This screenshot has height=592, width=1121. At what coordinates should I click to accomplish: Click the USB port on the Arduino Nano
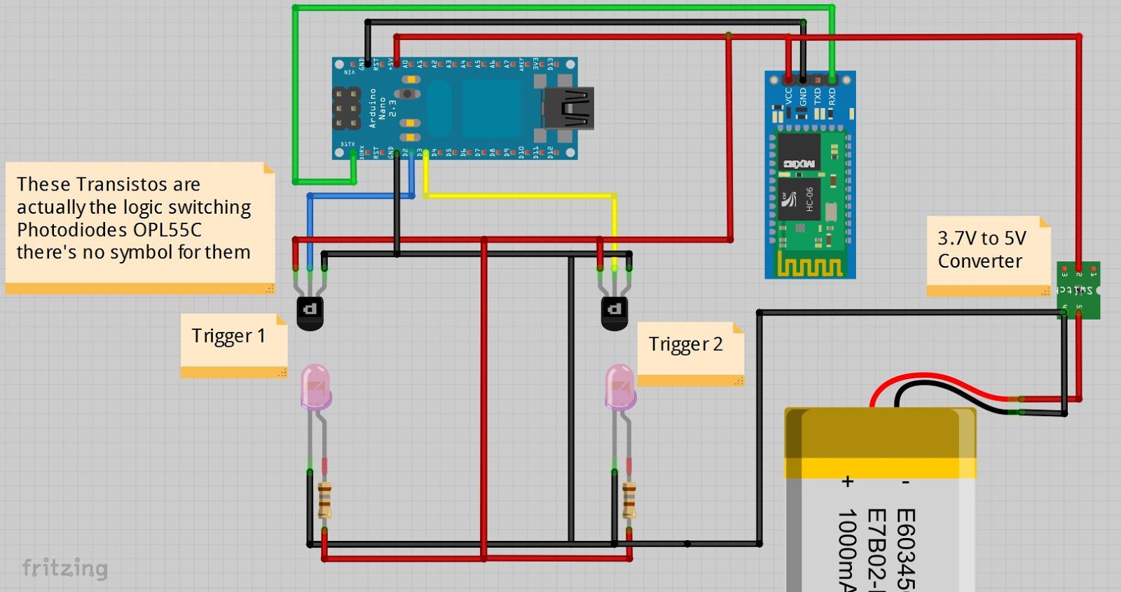tap(570, 108)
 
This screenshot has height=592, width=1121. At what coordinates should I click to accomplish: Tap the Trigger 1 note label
tap(228, 336)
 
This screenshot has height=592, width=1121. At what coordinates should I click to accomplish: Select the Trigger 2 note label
tap(685, 345)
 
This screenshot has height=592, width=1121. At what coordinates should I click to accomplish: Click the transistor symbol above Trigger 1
tap(310, 311)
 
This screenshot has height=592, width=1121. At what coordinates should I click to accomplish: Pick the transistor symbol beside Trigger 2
tap(614, 311)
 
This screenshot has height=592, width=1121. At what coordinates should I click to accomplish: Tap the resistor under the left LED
tap(324, 500)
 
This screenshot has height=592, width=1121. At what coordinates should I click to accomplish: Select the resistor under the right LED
tap(629, 500)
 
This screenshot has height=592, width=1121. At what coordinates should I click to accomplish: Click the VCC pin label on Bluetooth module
tap(789, 95)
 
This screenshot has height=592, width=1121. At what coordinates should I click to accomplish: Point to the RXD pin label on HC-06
tap(832, 95)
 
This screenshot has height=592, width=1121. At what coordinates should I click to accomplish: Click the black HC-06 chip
tap(799, 199)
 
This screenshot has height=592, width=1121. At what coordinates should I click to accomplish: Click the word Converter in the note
tap(979, 261)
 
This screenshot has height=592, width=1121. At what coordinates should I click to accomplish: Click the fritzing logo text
tap(64, 567)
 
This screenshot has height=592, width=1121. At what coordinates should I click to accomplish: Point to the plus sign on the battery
tap(848, 481)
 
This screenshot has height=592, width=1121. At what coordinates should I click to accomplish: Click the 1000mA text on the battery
tap(848, 550)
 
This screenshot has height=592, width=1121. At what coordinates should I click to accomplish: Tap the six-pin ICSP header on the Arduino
tap(346, 108)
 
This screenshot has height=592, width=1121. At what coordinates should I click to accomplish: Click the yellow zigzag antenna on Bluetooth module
tap(809, 266)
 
